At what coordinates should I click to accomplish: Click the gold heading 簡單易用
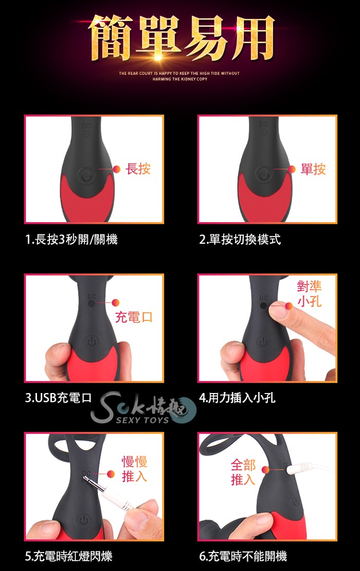[x=181, y=38]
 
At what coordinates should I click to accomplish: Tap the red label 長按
[x=138, y=169]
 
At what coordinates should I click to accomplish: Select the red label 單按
[x=313, y=169]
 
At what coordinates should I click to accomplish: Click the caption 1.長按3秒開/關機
[x=71, y=239]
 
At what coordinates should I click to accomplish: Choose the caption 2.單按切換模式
[x=240, y=239]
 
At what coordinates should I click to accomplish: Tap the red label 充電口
[x=134, y=317]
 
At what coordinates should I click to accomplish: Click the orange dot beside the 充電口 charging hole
[x=116, y=302]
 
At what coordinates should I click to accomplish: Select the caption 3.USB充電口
[x=58, y=398]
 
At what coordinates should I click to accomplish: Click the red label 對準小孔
[x=310, y=294]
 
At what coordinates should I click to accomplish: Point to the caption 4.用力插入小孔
[x=237, y=398]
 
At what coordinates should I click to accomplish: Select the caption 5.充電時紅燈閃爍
[x=69, y=556]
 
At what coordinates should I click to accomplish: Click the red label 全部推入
[x=243, y=472]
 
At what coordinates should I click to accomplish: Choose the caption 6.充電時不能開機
[x=243, y=556]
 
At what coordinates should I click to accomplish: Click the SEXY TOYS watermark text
[x=142, y=420]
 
